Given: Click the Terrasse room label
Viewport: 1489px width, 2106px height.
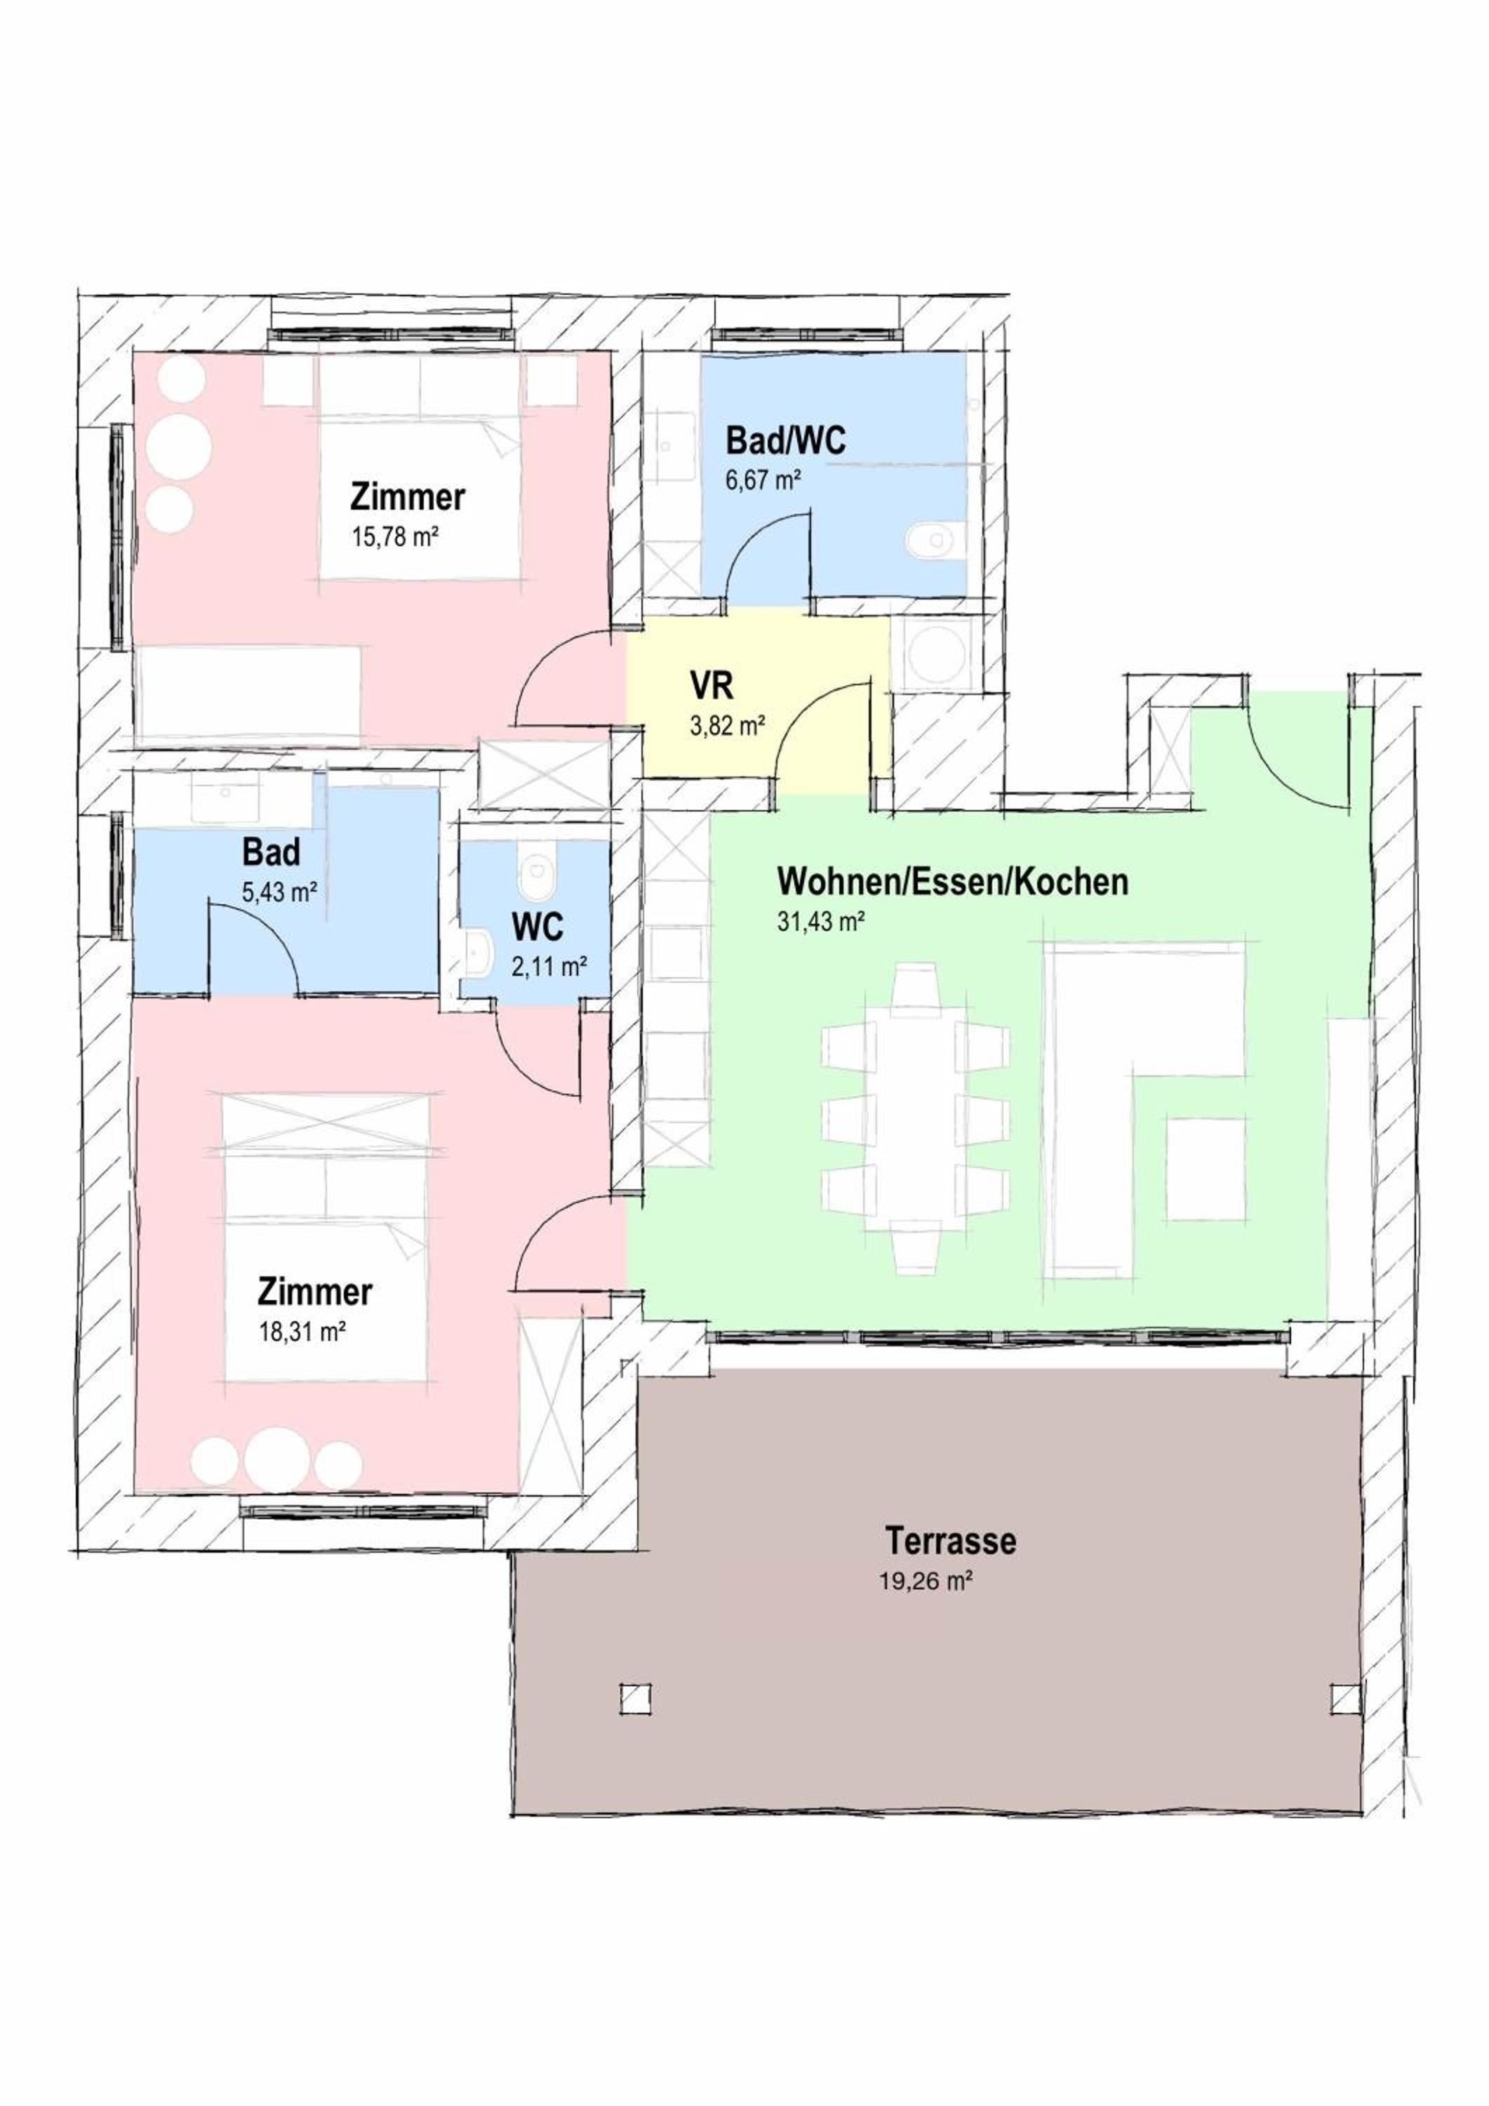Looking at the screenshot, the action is (x=951, y=1540).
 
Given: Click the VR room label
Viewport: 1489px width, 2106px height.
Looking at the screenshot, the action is (x=712, y=686).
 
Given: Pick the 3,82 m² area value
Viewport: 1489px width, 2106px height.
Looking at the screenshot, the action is (x=728, y=727).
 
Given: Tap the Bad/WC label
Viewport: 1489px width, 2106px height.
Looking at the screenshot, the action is (x=786, y=440).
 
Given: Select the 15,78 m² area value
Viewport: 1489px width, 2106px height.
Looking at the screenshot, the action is (x=396, y=536).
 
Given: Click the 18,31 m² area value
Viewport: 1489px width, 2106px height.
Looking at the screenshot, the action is (x=302, y=1332).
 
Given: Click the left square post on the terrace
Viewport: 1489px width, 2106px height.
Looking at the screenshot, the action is (x=636, y=1699).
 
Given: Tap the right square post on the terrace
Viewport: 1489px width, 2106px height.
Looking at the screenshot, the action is (x=1345, y=1700).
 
